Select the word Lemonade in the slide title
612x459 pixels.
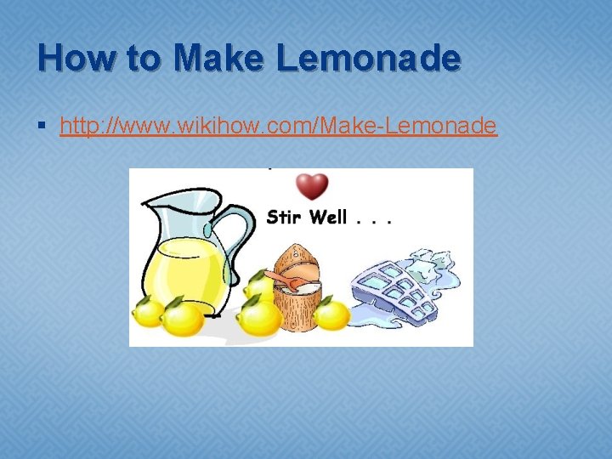click(x=369, y=59)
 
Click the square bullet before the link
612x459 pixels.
click(x=42, y=127)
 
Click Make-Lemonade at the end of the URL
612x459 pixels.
click(x=408, y=127)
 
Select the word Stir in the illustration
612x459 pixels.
click(x=284, y=217)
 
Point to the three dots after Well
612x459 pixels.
click(x=374, y=220)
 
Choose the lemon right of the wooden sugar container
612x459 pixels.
click(x=331, y=315)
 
